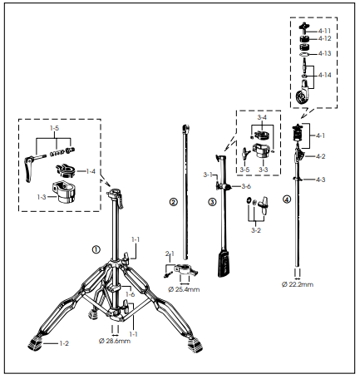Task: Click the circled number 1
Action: click(96, 249)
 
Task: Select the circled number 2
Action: click(173, 202)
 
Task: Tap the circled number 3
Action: click(212, 202)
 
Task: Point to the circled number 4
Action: click(287, 199)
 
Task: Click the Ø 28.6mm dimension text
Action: click(115, 341)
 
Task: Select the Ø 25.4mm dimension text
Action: click(184, 289)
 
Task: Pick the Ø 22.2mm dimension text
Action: click(298, 284)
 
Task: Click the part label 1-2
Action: click(64, 343)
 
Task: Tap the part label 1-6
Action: click(130, 294)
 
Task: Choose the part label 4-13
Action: click(324, 53)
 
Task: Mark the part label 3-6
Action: click(246, 186)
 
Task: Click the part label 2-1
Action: click(170, 253)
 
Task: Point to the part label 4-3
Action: click(321, 180)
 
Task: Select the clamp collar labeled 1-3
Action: click(63, 192)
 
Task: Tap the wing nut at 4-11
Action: click(303, 27)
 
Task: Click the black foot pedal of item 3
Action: click(224, 263)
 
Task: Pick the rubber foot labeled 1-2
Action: click(35, 342)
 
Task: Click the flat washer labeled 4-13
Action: click(304, 53)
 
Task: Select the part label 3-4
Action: click(262, 117)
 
